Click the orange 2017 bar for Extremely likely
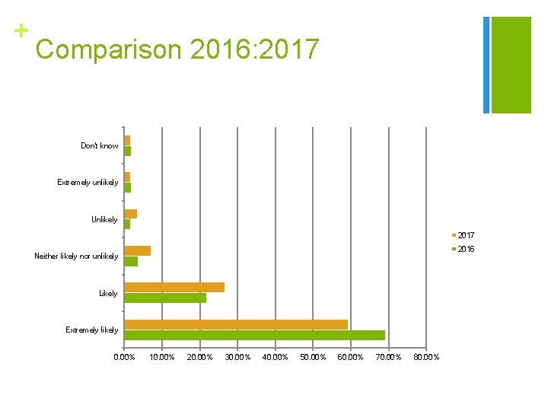point(236,324)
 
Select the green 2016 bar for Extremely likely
point(254,335)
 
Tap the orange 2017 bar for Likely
point(174,287)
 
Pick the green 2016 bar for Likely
point(165,298)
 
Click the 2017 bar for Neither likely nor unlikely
point(138,250)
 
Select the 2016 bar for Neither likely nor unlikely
point(131,261)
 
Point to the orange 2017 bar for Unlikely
point(130,214)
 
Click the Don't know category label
point(100,145)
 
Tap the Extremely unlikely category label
point(88,182)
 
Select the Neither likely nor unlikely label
point(76,256)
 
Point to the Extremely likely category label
point(91,330)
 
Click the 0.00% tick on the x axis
point(124,357)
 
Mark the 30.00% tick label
point(237,357)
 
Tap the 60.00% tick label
point(351,357)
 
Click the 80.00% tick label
point(426,357)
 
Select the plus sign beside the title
point(21,31)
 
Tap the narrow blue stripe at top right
point(486,65)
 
